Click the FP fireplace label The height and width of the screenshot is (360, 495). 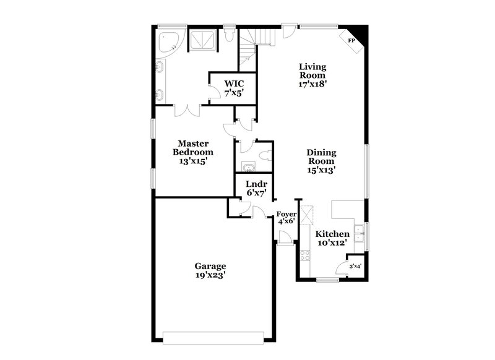[351, 41]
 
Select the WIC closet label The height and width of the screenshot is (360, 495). [234, 84]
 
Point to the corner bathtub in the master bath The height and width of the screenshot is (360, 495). [167, 41]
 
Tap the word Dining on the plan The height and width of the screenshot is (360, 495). [321, 152]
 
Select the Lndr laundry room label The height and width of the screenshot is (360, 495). [256, 184]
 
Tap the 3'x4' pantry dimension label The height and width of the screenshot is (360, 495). [355, 267]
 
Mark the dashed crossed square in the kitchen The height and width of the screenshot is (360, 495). [308, 212]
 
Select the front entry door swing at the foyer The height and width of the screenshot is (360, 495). [284, 237]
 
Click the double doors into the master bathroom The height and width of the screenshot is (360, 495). [186, 111]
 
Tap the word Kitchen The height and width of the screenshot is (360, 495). [332, 234]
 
